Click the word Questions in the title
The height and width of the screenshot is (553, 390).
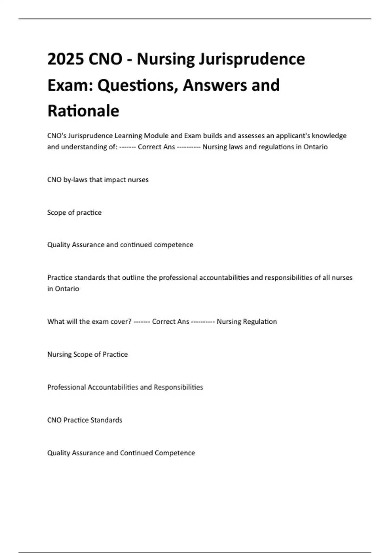137,85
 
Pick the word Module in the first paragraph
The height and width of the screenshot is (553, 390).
156,136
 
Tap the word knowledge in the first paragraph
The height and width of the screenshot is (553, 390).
329,136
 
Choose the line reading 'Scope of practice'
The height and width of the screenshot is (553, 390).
74,213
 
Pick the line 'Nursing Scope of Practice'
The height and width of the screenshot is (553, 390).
87,355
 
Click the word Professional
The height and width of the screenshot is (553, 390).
66,387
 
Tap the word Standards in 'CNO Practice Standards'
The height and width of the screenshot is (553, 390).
106,420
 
